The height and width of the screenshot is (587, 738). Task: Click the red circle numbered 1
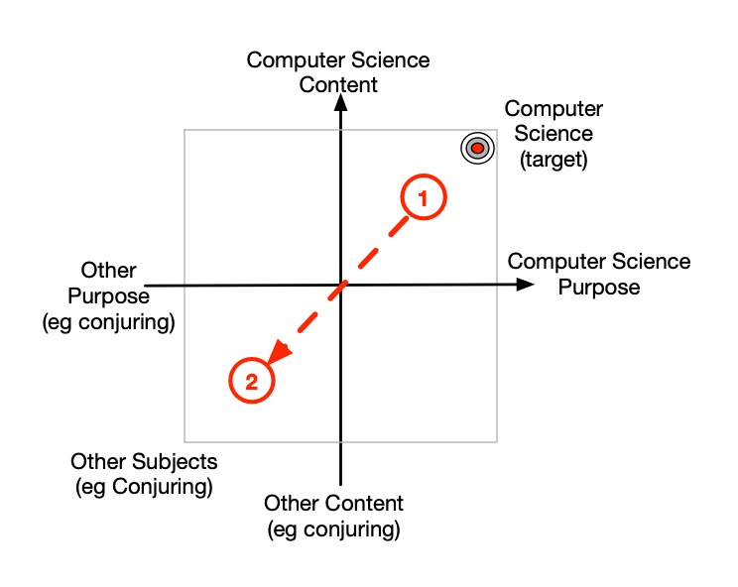pyautogui.click(x=424, y=198)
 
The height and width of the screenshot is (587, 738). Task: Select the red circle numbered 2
pyautogui.click(x=251, y=381)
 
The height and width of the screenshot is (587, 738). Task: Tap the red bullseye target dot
pyautogui.click(x=477, y=149)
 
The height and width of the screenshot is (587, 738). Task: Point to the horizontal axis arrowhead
pyautogui.click(x=524, y=286)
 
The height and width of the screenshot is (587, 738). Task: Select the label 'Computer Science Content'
pyautogui.click(x=338, y=72)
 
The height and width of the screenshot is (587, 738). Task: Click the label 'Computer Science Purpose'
pyautogui.click(x=599, y=275)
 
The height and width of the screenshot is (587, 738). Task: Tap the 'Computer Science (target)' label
pyautogui.click(x=553, y=134)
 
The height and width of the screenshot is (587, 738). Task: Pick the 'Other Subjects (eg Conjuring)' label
pyautogui.click(x=144, y=474)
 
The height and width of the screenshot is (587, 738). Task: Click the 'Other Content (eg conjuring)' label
pyautogui.click(x=334, y=516)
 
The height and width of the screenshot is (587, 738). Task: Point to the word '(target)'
pyautogui.click(x=553, y=160)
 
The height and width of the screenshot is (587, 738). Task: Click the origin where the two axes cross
pyautogui.click(x=341, y=286)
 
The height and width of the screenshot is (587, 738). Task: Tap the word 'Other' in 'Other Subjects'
pyautogui.click(x=97, y=462)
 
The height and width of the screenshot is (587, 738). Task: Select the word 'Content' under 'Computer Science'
pyautogui.click(x=338, y=85)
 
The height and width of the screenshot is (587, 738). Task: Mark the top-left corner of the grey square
pyautogui.click(x=185, y=130)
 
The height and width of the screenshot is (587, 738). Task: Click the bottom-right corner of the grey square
pyautogui.click(x=496, y=440)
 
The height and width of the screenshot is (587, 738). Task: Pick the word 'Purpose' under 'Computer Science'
pyautogui.click(x=599, y=288)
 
